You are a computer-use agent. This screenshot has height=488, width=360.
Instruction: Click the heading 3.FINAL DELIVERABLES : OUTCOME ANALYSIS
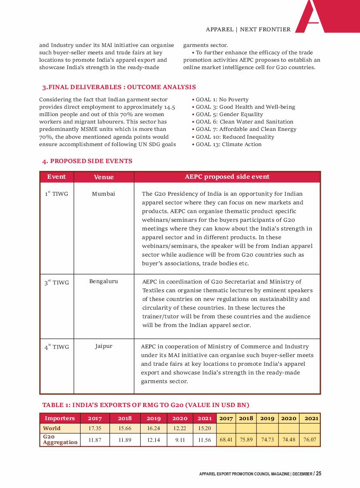[x=118, y=87]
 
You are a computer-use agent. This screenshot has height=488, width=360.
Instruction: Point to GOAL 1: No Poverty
[x=222, y=100]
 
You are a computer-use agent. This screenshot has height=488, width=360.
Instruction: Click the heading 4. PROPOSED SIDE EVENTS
[x=87, y=161]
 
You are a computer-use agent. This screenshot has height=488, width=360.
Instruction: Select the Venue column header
[x=104, y=177]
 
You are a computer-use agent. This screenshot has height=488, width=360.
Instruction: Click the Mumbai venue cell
[x=104, y=194]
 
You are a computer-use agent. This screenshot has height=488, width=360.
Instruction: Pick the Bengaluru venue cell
[x=104, y=281]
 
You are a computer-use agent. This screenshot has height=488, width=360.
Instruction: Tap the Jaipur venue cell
[x=104, y=347]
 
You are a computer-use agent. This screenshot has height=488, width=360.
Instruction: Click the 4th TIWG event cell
[x=57, y=348]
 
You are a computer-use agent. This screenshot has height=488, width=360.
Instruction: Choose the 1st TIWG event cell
[x=57, y=194]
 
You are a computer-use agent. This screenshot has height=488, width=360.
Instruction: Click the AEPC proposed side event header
[x=227, y=177]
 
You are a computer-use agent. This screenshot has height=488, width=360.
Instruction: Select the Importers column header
[x=60, y=418]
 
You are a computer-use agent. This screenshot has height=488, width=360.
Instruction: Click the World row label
[x=52, y=428]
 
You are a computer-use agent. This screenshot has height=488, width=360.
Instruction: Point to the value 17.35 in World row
[x=95, y=428]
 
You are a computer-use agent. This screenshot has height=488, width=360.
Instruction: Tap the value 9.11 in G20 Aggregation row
[x=180, y=440]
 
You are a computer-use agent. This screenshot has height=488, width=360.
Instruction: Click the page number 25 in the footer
[x=319, y=474]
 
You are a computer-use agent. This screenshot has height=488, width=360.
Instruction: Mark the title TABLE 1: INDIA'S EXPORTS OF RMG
[x=145, y=405]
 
